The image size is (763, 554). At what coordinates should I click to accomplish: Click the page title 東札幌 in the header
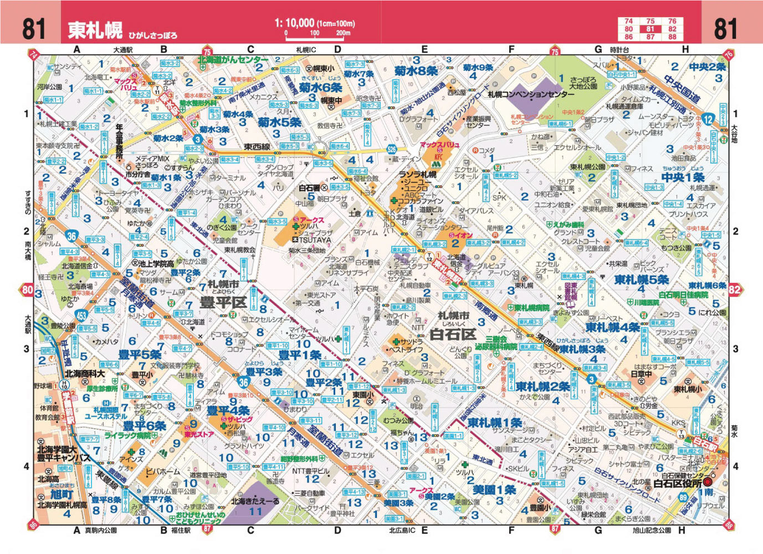(95, 29)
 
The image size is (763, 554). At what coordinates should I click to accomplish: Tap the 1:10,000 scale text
(294, 23)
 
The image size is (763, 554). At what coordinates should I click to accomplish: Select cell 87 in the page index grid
(650, 37)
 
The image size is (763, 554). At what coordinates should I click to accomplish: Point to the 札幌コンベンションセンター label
(531, 95)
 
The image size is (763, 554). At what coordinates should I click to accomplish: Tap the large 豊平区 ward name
(223, 302)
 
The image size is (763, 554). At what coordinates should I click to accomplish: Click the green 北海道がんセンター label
(233, 59)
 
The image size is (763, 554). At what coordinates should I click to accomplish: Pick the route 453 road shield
(82, 316)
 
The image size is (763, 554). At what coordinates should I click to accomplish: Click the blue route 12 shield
(709, 120)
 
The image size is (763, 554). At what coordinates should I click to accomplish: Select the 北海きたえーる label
(255, 500)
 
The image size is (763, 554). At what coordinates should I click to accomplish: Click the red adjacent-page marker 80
(27, 289)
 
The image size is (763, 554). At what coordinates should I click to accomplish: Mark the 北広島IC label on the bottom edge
(401, 530)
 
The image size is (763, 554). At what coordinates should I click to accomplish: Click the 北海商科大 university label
(85, 374)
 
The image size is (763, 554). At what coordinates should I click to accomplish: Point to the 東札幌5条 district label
(641, 279)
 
